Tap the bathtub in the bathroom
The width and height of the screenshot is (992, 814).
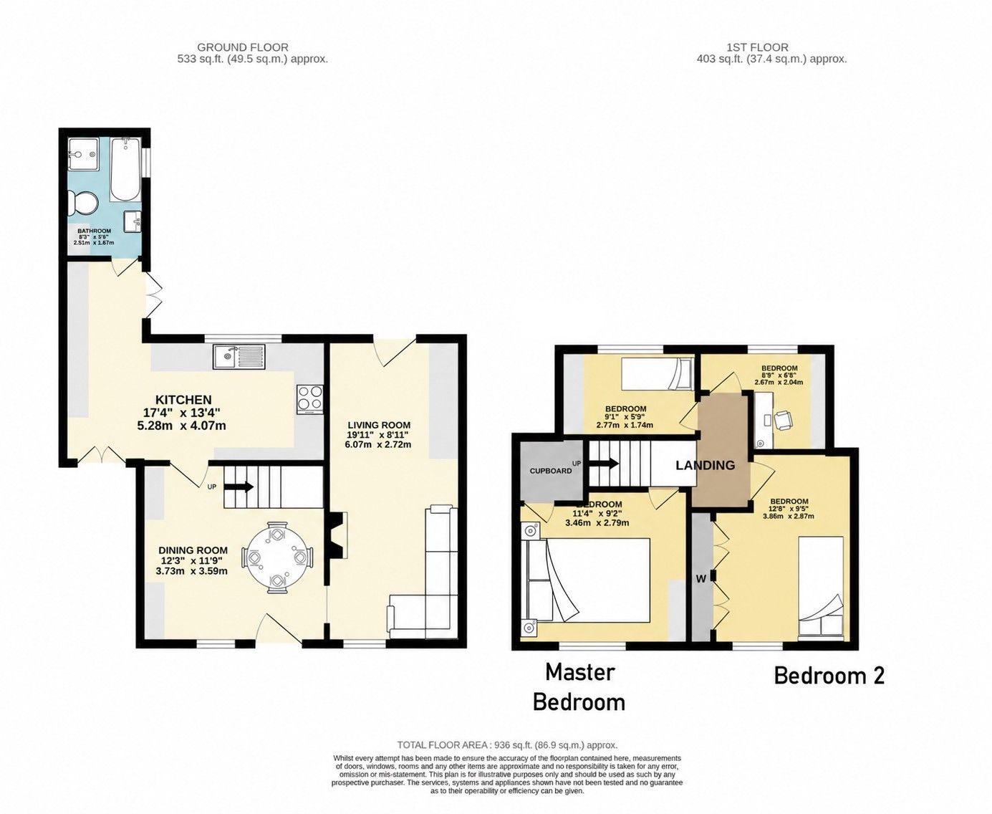coord(125,168)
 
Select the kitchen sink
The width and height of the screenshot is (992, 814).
coord(239,355)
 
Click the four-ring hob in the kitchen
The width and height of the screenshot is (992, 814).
coord(310,398)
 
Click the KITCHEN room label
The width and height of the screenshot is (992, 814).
coord(183,400)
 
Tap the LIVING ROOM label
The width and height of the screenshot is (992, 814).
coord(379,425)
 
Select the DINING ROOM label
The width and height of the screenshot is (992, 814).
coord(193,550)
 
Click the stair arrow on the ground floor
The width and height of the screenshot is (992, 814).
coord(239,487)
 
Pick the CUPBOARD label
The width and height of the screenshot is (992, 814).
coord(551,471)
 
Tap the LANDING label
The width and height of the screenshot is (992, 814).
coord(705,465)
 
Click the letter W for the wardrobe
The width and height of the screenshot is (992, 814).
coord(701,579)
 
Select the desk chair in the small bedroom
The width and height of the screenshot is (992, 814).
coord(784,419)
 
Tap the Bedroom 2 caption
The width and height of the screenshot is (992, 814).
coord(829,676)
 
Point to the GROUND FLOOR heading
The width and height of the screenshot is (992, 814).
coord(243,47)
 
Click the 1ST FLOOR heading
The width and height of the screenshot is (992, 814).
coord(757,47)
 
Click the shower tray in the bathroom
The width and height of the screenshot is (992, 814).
coord(83,153)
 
